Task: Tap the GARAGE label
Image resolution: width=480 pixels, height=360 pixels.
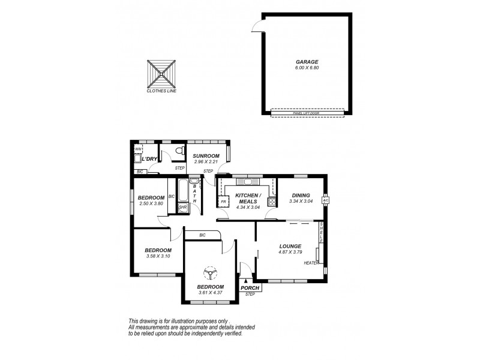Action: pos(306,62)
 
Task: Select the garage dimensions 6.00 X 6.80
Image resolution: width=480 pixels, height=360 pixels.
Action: pos(306,68)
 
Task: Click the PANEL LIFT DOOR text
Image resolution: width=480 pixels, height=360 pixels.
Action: pos(307,112)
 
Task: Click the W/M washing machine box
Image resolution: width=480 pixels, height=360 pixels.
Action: pos(137,148)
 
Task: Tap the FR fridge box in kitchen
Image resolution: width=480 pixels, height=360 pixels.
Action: pos(223,202)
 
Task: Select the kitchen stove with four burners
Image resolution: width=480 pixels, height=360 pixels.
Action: pos(271,202)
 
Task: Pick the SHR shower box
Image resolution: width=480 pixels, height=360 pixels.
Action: pos(183,208)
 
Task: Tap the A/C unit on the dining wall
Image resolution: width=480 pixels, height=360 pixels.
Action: pos(326,200)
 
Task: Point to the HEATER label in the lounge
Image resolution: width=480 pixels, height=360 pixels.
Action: pos(310,263)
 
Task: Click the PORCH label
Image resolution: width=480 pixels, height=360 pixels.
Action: pos(249,288)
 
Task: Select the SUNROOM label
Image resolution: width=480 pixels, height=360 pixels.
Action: pos(205,156)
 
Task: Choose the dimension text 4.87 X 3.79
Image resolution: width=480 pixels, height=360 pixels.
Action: pos(289,253)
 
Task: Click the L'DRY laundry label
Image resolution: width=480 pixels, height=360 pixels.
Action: pos(149,160)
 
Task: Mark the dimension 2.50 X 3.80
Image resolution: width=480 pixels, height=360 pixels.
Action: pos(151,203)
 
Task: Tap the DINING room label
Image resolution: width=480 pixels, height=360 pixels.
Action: pos(301,195)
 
